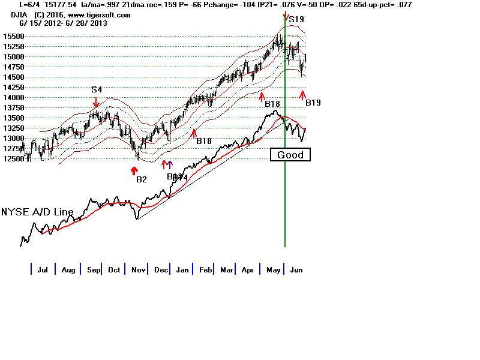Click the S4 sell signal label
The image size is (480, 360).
click(97, 89)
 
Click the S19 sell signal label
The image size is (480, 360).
click(296, 20)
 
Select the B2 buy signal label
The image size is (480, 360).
click(142, 179)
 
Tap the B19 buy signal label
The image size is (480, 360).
click(313, 103)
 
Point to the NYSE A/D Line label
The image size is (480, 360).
click(37, 212)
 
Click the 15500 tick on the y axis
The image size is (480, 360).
click(13, 36)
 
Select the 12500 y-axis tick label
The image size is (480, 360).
click(13, 158)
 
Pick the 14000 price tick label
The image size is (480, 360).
click(13, 97)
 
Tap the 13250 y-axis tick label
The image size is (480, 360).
click(13, 128)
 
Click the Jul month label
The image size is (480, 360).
click(43, 270)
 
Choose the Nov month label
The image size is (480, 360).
click(137, 270)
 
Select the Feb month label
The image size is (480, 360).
click(206, 270)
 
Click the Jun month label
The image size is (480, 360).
click(296, 270)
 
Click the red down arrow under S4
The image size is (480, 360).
click(96, 102)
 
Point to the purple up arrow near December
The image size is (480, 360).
click(170, 164)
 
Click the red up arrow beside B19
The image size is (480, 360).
click(303, 94)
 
